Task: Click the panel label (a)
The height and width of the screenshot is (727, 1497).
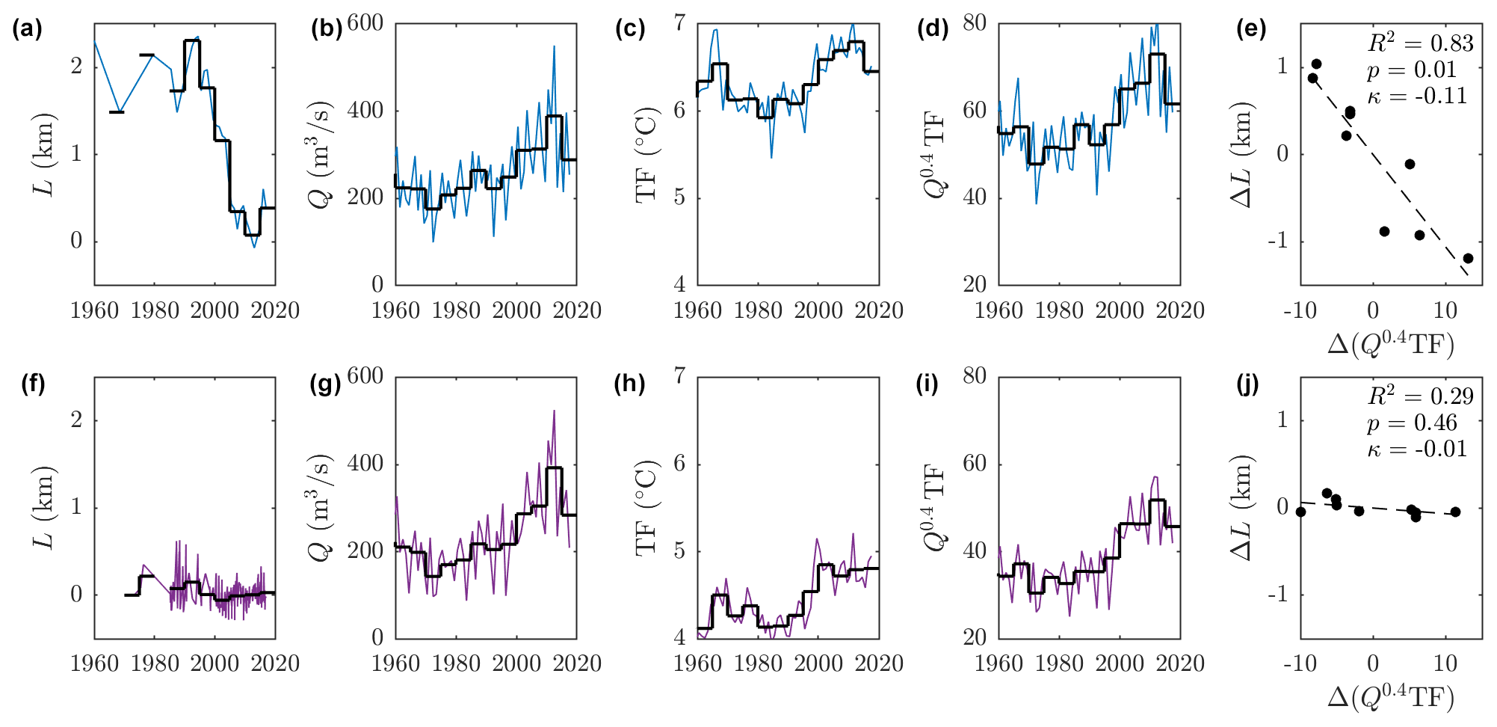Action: [x=27, y=30]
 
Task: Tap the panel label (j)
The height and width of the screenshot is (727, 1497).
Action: [x=1247, y=384]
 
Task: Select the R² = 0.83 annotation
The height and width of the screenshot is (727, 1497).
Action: [x=1420, y=43]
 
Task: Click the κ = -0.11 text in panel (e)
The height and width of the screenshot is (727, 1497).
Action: [x=1416, y=96]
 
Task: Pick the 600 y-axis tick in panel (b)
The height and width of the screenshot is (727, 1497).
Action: [x=365, y=23]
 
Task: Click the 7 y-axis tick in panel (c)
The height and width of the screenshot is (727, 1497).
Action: [x=679, y=23]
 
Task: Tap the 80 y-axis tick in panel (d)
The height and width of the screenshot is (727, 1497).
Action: [x=974, y=23]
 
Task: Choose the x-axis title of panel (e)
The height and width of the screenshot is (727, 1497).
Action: [x=1390, y=344]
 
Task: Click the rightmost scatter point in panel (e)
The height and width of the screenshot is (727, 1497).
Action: [x=1468, y=258]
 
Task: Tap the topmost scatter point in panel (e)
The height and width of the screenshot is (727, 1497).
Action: [x=1316, y=64]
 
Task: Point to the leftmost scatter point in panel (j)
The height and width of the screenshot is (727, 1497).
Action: [x=1301, y=512]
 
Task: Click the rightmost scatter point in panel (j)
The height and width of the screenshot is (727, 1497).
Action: [x=1455, y=512]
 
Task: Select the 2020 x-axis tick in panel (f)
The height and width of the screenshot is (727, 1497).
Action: [x=275, y=663]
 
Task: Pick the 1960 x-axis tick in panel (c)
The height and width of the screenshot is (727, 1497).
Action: [x=697, y=310]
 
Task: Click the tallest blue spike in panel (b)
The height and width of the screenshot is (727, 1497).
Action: [x=554, y=46]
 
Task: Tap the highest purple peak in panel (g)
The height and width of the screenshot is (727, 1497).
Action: [x=554, y=411]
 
